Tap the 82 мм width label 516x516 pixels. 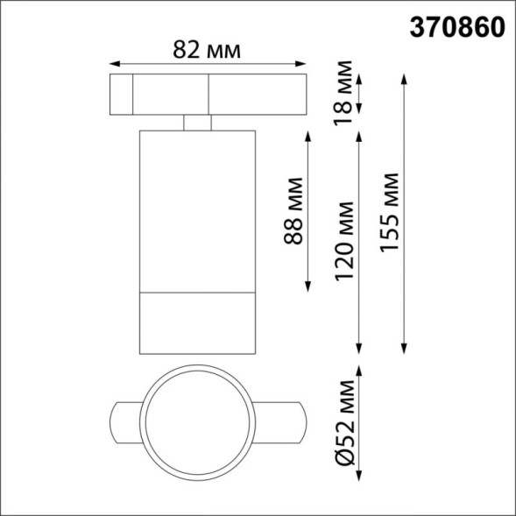tap(207, 52)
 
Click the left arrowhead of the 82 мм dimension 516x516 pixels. tap(112, 63)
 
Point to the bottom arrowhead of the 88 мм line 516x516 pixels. tap(308, 289)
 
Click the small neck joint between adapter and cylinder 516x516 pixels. tap(198, 122)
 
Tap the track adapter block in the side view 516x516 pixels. tap(207, 95)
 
